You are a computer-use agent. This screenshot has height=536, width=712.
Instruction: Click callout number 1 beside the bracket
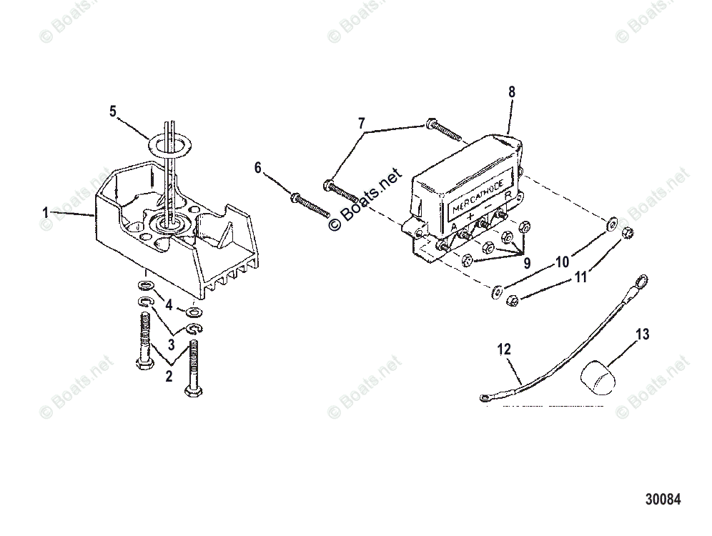click(46, 213)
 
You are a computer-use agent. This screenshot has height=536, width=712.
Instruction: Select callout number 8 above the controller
click(511, 91)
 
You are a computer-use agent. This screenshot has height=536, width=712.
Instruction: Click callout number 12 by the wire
click(505, 349)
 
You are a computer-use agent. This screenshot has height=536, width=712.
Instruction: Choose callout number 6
click(258, 168)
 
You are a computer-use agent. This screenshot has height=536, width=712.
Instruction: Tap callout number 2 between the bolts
click(169, 377)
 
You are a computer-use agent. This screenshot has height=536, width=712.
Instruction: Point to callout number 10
click(562, 262)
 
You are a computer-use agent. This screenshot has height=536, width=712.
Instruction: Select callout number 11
click(580, 276)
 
